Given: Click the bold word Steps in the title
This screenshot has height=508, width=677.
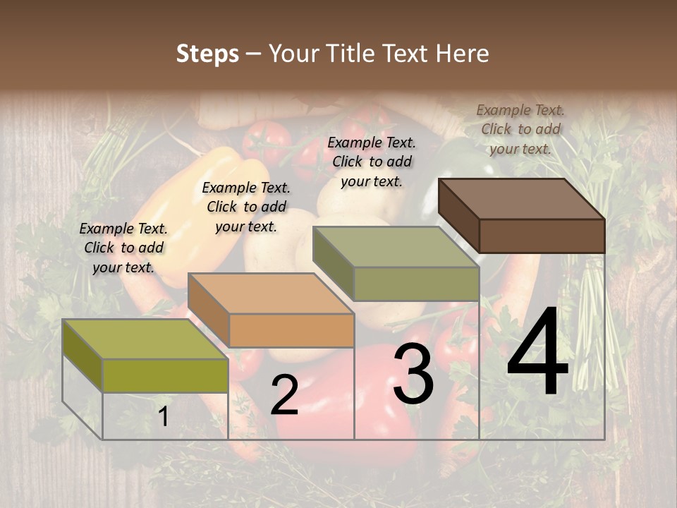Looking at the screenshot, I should pos(207,54).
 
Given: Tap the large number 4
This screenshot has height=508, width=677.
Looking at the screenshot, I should pos(537,352).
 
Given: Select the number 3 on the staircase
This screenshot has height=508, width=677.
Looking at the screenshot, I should pos(413,375).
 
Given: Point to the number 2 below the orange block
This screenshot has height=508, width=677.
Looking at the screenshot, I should pos(284,395).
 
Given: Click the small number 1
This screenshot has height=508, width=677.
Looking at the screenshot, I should pos(163,416).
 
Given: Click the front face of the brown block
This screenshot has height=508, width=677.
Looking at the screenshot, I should pos(542,236).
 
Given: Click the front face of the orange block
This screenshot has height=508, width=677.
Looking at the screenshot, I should pos(291,330).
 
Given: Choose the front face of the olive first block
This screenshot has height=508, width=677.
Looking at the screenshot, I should pos(165,375).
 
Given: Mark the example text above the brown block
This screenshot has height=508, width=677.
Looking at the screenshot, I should pos(520,129).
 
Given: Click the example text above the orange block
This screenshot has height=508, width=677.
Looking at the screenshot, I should pos(246,207).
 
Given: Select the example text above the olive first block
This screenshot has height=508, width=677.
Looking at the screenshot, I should pos(123,248).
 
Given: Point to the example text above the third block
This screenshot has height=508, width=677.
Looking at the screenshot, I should pos(372,162).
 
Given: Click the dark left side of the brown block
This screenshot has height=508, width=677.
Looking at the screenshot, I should pos(458,215).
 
